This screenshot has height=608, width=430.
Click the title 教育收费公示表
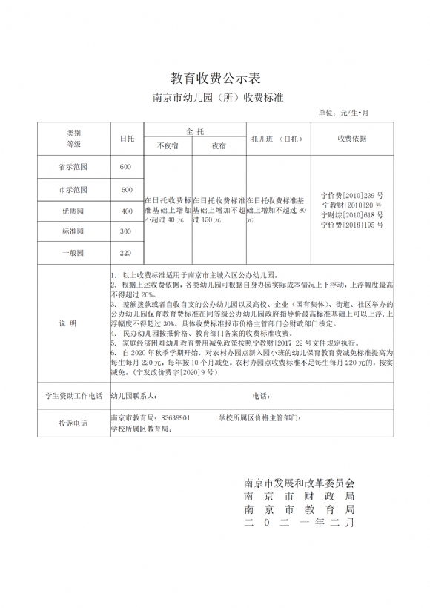[215, 78]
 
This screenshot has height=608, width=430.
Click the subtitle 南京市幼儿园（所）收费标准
[215, 97]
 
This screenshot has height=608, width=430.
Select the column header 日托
[127, 138]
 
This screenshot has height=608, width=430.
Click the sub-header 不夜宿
[168, 146]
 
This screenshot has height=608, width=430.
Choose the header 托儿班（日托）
[277, 138]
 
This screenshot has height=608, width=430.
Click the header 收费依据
[352, 138]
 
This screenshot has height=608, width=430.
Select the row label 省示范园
[73, 166]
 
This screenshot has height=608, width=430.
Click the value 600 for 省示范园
[125, 166]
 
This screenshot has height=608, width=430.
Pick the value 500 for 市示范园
[126, 189]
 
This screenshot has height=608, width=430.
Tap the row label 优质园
[73, 211]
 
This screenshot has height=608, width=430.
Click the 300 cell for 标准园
[126, 231]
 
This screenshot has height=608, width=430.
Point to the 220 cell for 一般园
[126, 253]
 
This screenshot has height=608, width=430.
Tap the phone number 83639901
[175, 418]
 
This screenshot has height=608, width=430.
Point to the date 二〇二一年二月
[300, 523]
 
